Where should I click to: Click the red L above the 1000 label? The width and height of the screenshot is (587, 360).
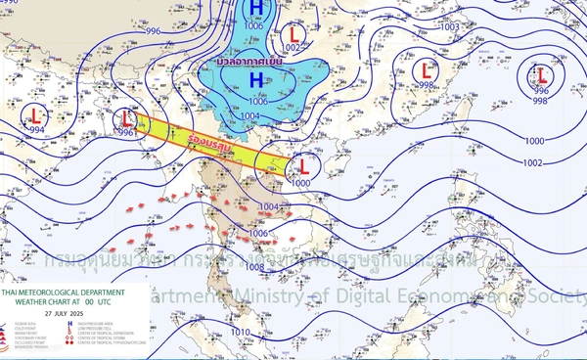point(303,165)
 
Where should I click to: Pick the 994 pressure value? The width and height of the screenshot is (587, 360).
point(36,129)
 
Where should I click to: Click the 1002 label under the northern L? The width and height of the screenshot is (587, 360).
point(292,47)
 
